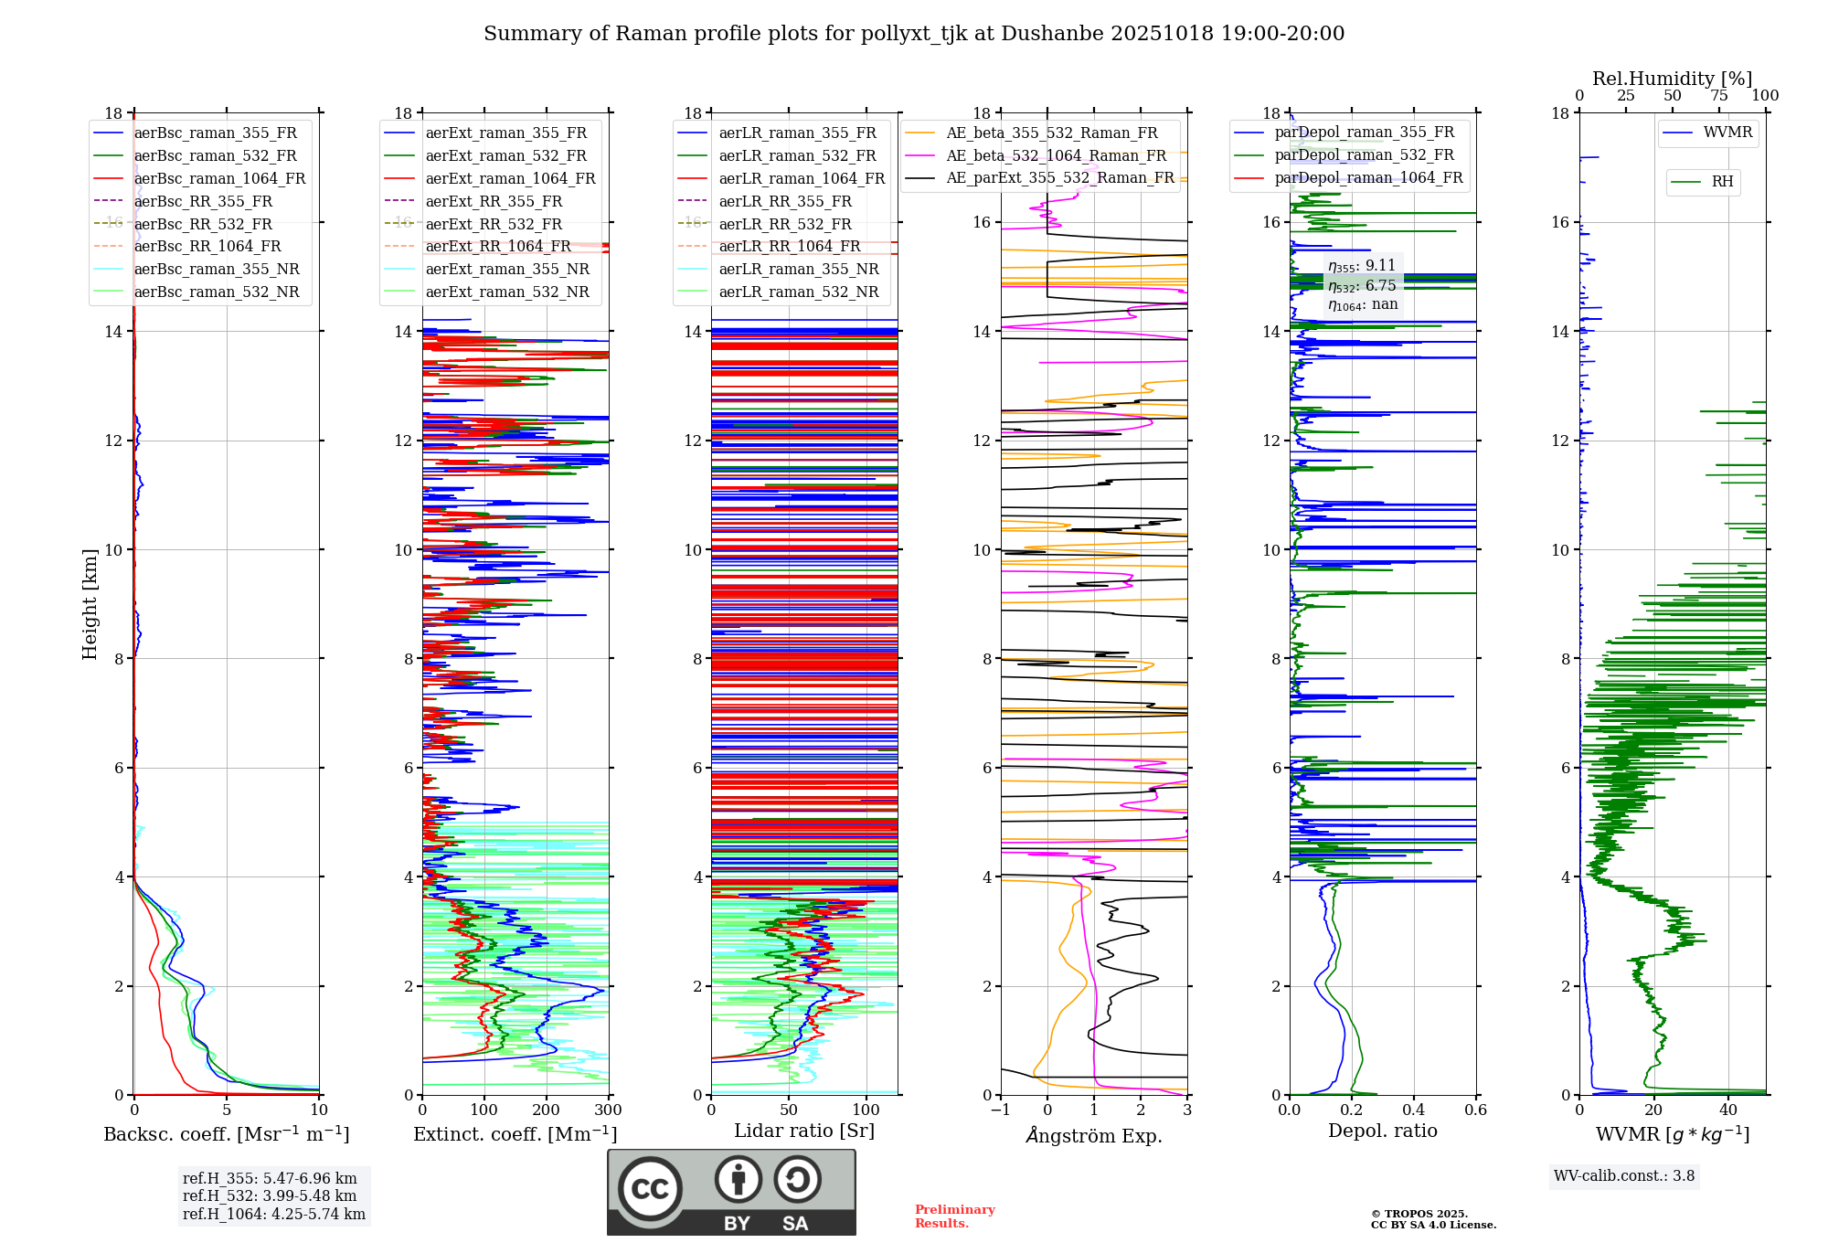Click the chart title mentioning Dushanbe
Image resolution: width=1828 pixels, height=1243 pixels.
914,34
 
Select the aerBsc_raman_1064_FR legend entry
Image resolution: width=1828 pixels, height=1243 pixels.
219,179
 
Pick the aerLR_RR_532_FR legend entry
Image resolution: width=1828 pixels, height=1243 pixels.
785,225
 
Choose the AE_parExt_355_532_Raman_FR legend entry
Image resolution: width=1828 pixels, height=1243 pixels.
1060,178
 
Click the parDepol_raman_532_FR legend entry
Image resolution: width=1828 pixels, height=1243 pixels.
1364,155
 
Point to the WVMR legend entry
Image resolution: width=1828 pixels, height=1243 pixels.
1727,133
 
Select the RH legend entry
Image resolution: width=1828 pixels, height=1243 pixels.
1722,182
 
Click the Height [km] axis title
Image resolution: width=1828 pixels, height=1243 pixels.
90,603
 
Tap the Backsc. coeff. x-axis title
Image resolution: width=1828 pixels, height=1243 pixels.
226,1134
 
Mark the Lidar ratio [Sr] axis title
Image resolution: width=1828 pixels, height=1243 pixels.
804,1131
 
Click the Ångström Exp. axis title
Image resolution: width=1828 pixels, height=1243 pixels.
1094,1135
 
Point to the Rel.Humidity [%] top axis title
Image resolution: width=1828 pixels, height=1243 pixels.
1672,79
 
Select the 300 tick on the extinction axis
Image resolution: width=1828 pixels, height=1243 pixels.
608,1110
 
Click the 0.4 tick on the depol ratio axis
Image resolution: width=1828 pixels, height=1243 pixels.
1413,1110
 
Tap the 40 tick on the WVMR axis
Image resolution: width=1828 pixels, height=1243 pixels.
1727,1110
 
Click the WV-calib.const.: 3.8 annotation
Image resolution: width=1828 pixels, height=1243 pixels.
1624,1176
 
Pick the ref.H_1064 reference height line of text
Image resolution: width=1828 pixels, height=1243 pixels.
273,1215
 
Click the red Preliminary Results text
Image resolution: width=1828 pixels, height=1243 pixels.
954,1216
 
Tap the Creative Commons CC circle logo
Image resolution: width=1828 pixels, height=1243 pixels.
650,1189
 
